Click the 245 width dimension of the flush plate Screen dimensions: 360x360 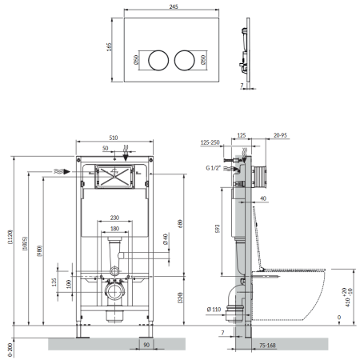[x=174, y=6]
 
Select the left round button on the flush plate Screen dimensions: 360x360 [x=158, y=60]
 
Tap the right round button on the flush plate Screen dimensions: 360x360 [x=185, y=60]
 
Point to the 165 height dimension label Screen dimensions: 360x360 [x=110, y=47]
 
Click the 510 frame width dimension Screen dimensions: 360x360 [x=114, y=138]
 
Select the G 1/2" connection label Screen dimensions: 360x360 [x=214, y=168]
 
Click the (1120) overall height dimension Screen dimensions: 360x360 [x=10, y=237]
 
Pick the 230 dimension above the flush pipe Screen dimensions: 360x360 [x=114, y=218]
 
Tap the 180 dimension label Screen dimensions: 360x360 [x=114, y=229]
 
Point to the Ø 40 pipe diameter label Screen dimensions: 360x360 [x=166, y=239]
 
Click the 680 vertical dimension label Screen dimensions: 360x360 [x=180, y=224]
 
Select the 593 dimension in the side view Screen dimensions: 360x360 [x=218, y=229]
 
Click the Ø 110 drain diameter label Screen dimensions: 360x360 [x=214, y=310]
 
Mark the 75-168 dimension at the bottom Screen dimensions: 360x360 [x=267, y=346]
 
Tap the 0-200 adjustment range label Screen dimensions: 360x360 [x=10, y=350]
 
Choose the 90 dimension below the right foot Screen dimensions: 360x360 [x=146, y=345]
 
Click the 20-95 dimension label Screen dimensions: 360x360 [x=280, y=135]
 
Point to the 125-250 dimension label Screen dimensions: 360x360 [x=210, y=142]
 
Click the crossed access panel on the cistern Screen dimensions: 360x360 [x=114, y=177]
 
